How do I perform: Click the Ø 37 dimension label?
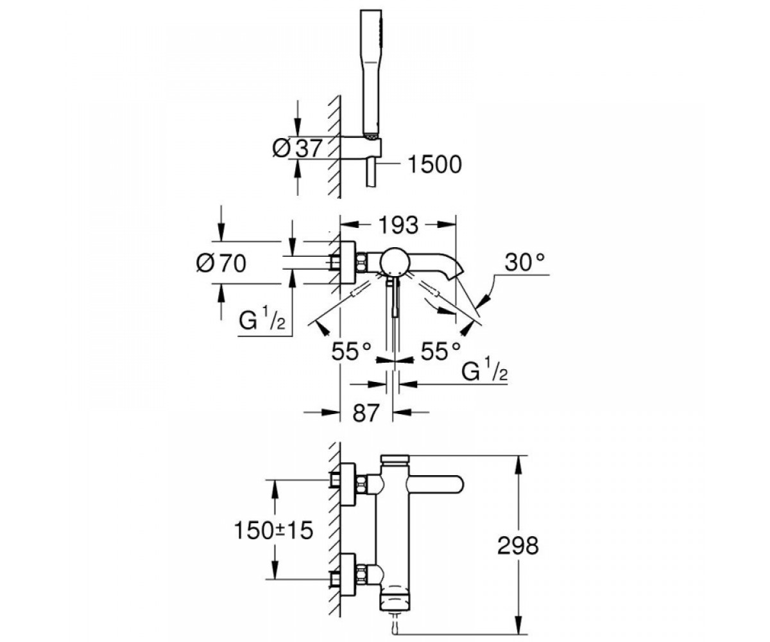(297, 148)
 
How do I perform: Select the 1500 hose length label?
(435, 164)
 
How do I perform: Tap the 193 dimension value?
(399, 225)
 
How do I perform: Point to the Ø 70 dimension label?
(221, 263)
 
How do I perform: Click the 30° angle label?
(525, 263)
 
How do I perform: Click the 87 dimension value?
(366, 413)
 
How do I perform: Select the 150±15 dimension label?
(273, 530)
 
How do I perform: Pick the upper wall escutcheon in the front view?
(348, 485)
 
